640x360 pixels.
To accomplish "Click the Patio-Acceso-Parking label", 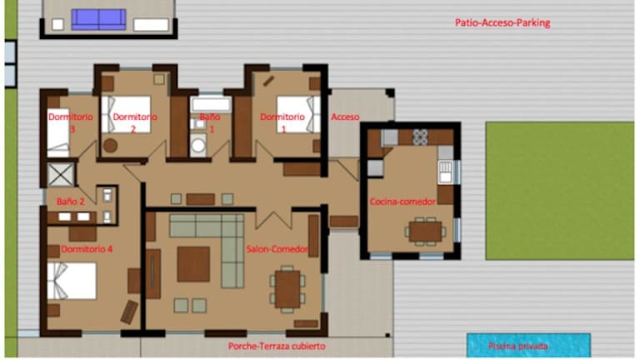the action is pyautogui.click(x=502, y=22).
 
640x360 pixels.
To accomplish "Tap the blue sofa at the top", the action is pyautogui.click(x=99, y=20).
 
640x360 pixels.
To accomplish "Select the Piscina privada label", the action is pyautogui.click(x=518, y=347).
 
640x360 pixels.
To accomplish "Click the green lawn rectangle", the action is pyautogui.click(x=560, y=191).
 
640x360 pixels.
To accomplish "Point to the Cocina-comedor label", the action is pyautogui.click(x=402, y=202).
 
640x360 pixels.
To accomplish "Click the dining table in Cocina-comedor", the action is pyautogui.click(x=425, y=232).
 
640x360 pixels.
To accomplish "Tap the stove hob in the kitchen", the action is pyautogui.click(x=420, y=137).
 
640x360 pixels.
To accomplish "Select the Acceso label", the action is pyautogui.click(x=345, y=117).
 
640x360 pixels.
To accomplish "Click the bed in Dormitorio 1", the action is pyautogui.click(x=298, y=115).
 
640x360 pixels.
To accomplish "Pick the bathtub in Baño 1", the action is pyautogui.click(x=211, y=104).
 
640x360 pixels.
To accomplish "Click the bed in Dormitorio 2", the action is pyautogui.click(x=126, y=115).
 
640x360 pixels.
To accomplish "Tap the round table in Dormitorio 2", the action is pyautogui.click(x=110, y=145).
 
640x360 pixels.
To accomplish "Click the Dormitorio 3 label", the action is pyautogui.click(x=71, y=122).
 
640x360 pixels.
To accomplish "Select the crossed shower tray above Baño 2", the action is pyautogui.click(x=61, y=175).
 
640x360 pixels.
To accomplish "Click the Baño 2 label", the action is pyautogui.click(x=71, y=202).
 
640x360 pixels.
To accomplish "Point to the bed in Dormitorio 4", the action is pyautogui.click(x=72, y=281).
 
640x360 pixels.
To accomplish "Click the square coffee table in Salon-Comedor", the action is pyautogui.click(x=193, y=264).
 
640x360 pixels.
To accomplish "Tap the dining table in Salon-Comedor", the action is pyautogui.click(x=287, y=289).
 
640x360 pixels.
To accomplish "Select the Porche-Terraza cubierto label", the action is pyautogui.click(x=277, y=347).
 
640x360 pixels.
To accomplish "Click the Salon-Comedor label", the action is pyautogui.click(x=277, y=249).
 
